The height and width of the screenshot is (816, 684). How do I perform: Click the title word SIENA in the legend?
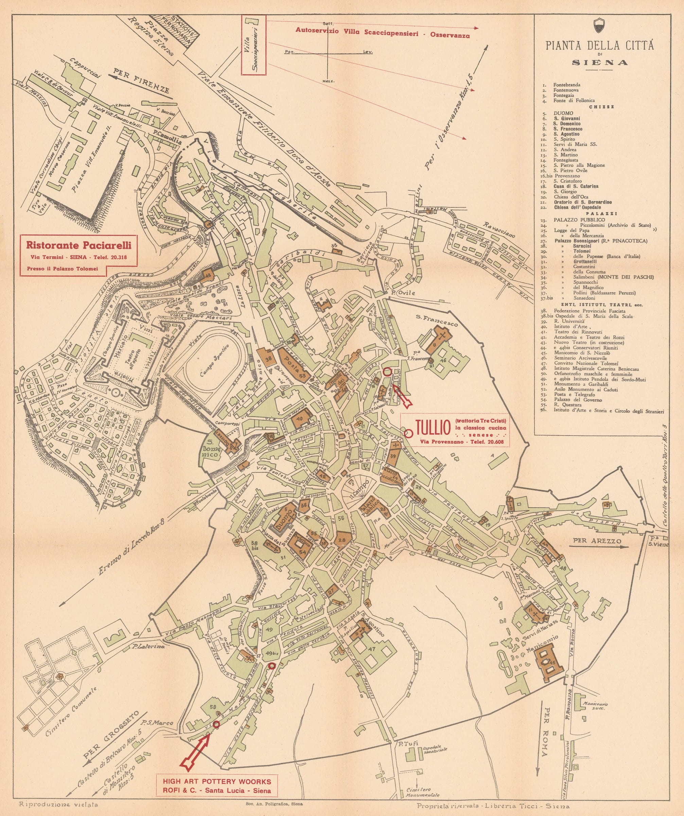pos(600,63)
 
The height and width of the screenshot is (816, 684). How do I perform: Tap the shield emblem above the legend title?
pos(599,26)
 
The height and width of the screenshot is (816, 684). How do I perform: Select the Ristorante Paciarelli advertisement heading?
pos(78,245)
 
